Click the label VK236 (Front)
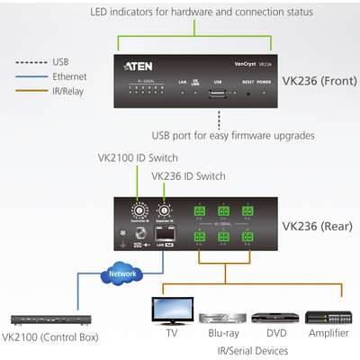click(x=318, y=78)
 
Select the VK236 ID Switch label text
click(x=188, y=175)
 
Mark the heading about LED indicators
click(x=201, y=13)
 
